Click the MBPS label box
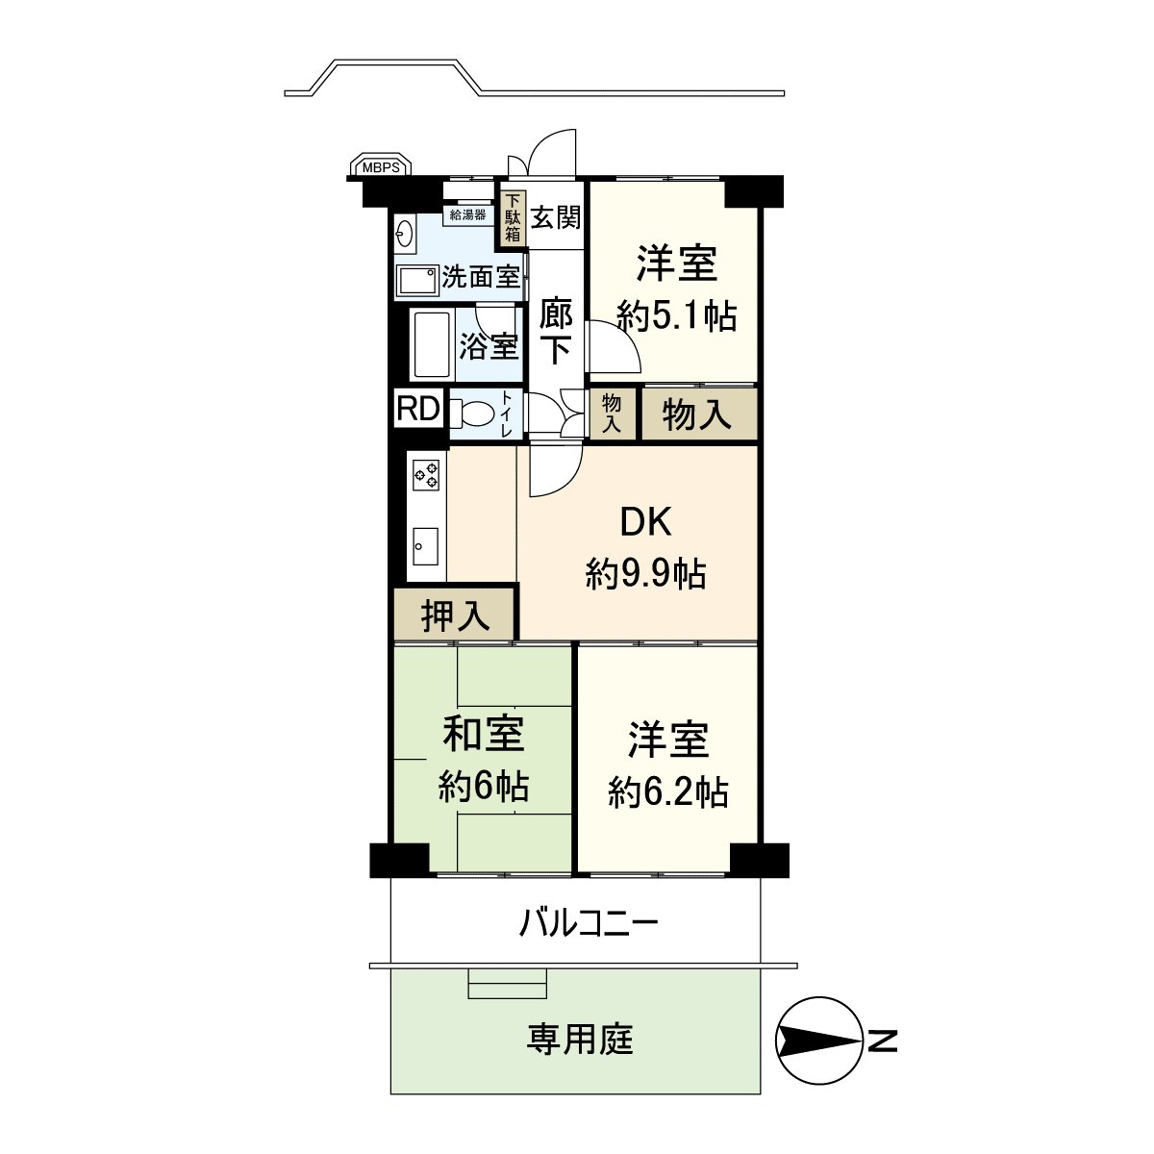(381, 166)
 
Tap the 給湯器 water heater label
(468, 214)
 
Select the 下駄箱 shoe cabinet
(513, 217)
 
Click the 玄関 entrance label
(556, 217)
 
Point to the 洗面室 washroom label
(481, 278)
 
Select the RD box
(417, 410)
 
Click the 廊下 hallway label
(555, 332)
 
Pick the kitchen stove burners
(426, 473)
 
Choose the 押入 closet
(455, 615)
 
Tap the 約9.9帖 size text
(645, 574)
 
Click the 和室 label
(483, 735)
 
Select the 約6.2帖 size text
(667, 791)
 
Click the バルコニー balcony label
(589, 924)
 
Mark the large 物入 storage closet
(698, 414)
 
